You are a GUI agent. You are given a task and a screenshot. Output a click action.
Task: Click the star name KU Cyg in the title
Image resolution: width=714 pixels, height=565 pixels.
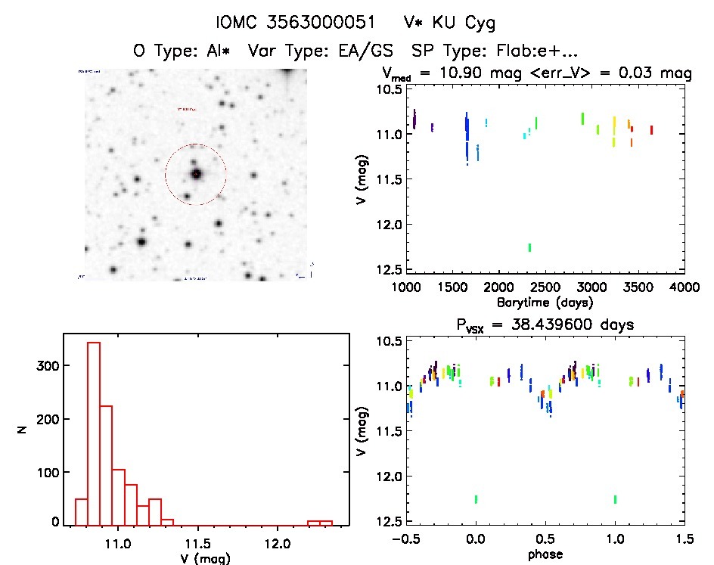pos(452,22)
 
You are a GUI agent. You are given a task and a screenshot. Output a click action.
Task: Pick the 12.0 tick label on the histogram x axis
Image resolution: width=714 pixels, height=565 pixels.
pos(278,543)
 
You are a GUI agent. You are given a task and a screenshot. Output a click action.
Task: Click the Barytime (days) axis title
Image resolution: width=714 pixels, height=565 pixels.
pos(545,302)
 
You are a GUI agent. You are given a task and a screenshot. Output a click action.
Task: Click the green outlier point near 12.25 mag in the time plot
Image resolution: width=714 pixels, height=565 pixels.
pos(529,247)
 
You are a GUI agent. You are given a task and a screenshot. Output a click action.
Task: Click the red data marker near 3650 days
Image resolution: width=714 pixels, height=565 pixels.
pos(651,130)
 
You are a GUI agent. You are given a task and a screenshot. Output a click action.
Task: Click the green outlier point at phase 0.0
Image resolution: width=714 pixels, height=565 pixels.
pos(476,499)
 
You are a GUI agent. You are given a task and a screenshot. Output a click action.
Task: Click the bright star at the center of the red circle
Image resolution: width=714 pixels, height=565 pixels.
pos(197,174)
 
